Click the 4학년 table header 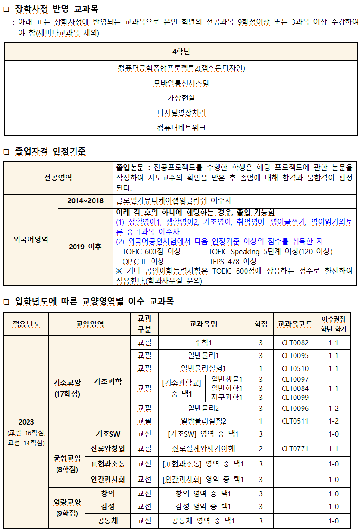(181, 51)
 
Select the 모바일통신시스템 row (181, 84)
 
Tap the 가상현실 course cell (181, 98)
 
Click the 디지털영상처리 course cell (181, 113)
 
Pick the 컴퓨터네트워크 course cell (181, 128)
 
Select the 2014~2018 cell (85, 201)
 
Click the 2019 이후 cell (85, 247)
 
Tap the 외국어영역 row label (31, 239)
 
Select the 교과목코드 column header (295, 324)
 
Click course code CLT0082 (295, 343)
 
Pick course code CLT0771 (295, 448)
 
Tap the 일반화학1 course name (227, 388)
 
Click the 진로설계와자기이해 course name (203, 448)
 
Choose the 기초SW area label (108, 434)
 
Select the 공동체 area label (108, 521)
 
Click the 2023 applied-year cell (26, 422)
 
